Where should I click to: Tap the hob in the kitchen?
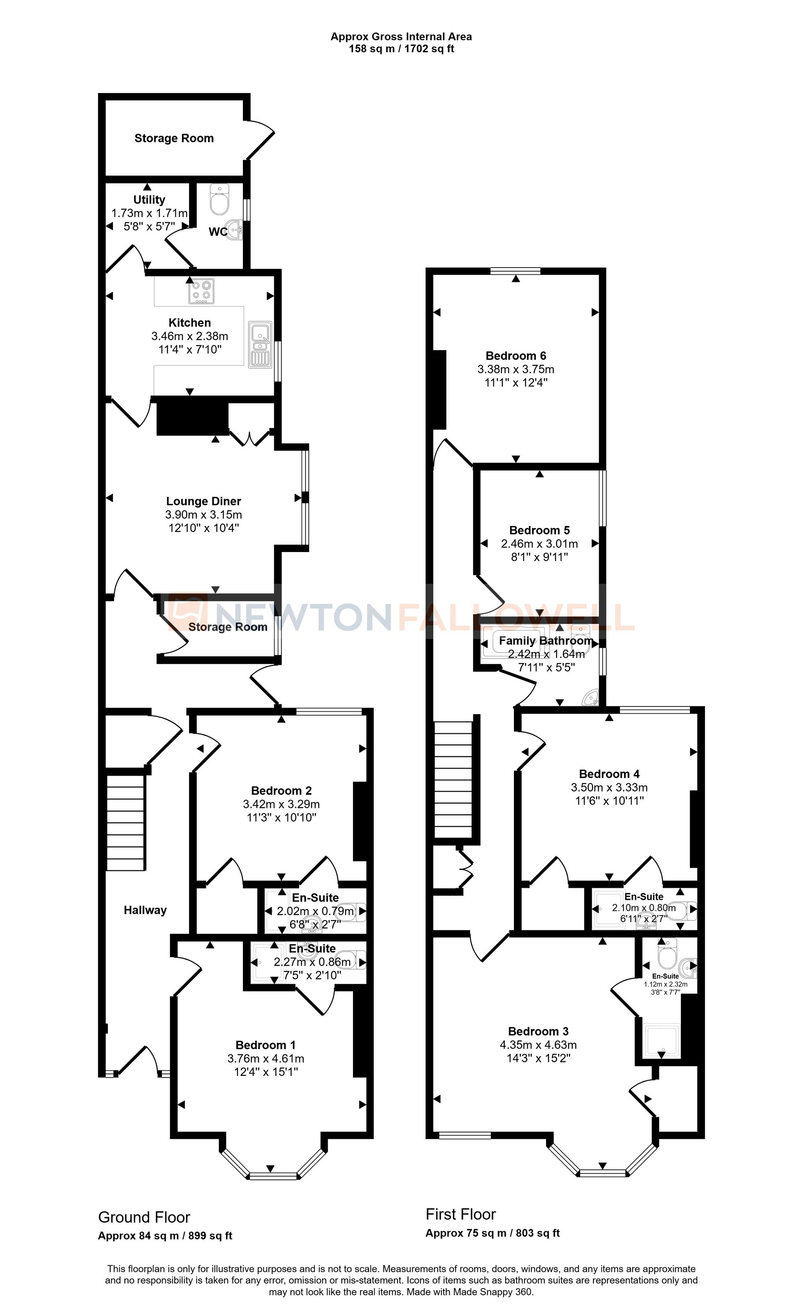pyautogui.click(x=202, y=291)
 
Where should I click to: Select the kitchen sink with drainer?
pyautogui.click(x=260, y=344)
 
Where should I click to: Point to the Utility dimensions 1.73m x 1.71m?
pyautogui.click(x=149, y=213)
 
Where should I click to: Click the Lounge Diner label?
pyautogui.click(x=203, y=501)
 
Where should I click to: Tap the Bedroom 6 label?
pyautogui.click(x=516, y=355)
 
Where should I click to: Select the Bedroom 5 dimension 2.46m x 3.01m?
pyautogui.click(x=539, y=544)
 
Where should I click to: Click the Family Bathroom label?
pyautogui.click(x=546, y=641)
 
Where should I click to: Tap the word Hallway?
pyautogui.click(x=145, y=910)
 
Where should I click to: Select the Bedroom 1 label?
pyautogui.click(x=265, y=1045)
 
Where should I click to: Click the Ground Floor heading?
pyautogui.click(x=144, y=1217)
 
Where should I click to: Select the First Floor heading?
pyautogui.click(x=461, y=1214)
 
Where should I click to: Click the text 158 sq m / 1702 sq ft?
pyautogui.click(x=401, y=49)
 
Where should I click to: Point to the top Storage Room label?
pyautogui.click(x=174, y=138)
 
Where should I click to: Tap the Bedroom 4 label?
pyautogui.click(x=609, y=774)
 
